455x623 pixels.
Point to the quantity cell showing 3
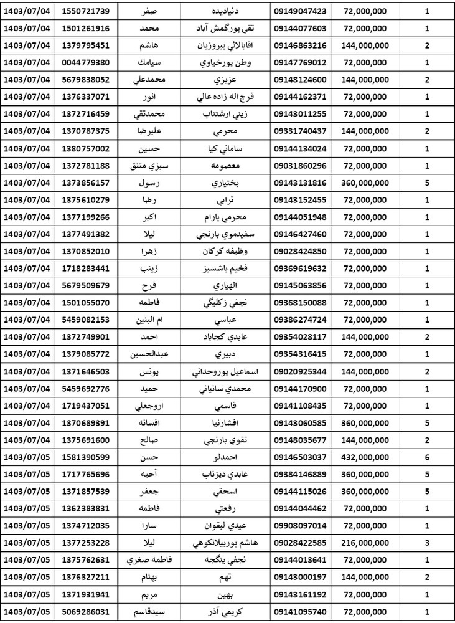[427, 542]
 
